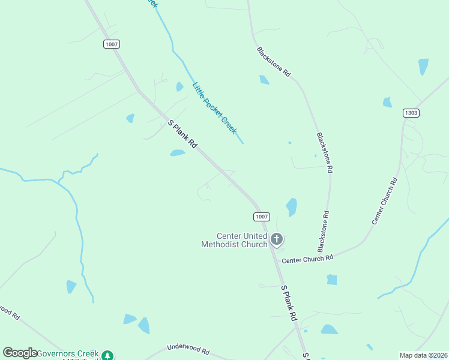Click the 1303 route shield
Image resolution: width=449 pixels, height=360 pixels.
(411, 113)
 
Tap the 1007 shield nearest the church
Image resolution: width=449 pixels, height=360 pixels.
(261, 217)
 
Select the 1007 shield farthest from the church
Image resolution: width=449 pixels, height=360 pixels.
(111, 44)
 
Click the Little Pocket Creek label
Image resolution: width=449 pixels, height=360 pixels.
(214, 108)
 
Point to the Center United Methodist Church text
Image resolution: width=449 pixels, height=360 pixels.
(234, 240)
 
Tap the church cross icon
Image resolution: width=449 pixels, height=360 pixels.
(277, 240)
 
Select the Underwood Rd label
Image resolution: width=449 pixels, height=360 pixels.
(188, 349)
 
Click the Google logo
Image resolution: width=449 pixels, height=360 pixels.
(20, 353)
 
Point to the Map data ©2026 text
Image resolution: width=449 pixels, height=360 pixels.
(424, 355)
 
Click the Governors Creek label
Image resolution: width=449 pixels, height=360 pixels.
(67, 354)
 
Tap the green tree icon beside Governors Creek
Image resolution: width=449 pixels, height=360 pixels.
(107, 355)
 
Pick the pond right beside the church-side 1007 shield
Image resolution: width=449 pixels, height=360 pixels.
(292, 206)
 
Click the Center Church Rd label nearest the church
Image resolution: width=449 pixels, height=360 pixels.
(307, 259)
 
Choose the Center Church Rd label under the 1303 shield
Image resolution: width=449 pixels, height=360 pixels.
(385, 201)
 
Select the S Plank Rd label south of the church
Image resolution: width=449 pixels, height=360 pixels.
(289, 303)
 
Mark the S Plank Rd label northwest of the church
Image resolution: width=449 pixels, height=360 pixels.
(182, 134)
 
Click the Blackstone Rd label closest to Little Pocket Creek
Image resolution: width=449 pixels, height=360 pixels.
(274, 62)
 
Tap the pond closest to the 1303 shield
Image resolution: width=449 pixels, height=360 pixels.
(387, 102)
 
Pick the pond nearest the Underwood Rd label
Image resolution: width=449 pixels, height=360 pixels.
(144, 326)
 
